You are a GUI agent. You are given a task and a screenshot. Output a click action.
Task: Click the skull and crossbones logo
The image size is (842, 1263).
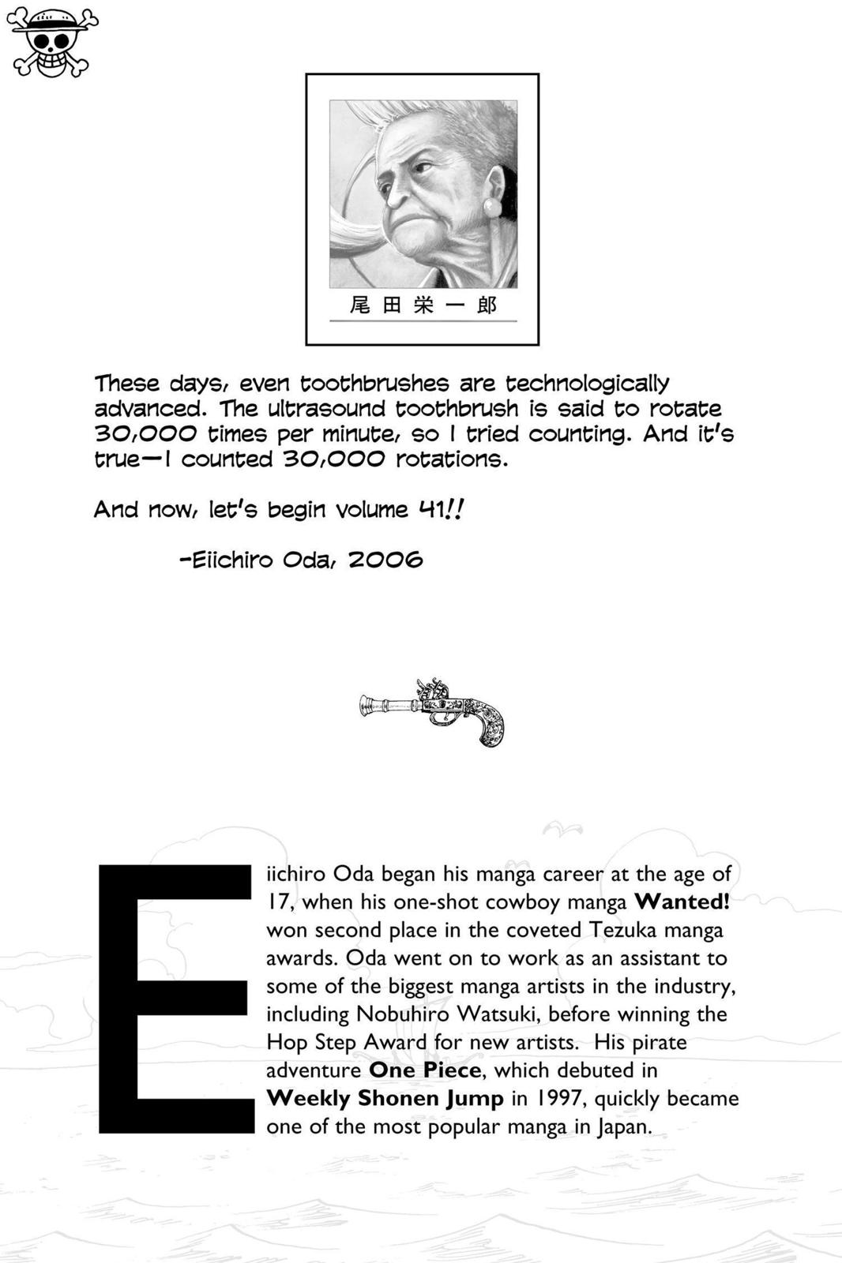point(53,43)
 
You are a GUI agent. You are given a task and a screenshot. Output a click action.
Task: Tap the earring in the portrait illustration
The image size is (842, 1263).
point(493,208)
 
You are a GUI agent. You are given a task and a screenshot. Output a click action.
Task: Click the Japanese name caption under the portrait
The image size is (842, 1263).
point(423,305)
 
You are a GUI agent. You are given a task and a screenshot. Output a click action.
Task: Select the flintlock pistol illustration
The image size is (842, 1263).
point(432,711)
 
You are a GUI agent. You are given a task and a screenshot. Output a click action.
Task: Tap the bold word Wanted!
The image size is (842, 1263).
point(682,901)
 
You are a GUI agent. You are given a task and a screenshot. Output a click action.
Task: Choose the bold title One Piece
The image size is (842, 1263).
point(425,1070)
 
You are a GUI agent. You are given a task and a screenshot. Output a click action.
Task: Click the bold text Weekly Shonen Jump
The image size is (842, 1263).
point(385,1098)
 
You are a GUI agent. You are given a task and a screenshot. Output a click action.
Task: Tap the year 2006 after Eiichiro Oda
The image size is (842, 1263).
point(385,560)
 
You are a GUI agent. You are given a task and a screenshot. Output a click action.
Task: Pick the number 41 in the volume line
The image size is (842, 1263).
point(431,509)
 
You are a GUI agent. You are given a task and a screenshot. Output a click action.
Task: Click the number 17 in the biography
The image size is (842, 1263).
point(278,901)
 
